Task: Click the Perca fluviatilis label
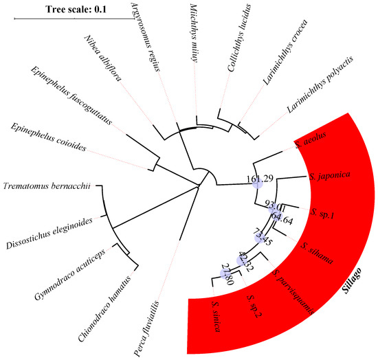click(x=157, y=319)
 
